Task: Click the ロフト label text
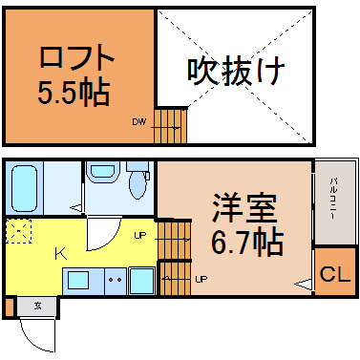(76, 57)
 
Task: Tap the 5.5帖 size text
(74, 93)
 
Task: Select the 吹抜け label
(236, 71)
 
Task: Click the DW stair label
(139, 121)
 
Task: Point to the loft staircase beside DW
(171, 125)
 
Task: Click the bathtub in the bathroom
(24, 188)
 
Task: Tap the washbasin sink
(102, 172)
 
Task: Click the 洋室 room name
(245, 208)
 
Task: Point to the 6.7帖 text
(247, 243)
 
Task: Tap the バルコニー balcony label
(333, 198)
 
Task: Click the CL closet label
(335, 274)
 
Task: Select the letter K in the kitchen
(61, 254)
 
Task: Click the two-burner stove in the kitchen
(116, 282)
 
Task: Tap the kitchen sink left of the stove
(78, 280)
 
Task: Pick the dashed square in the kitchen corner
(19, 231)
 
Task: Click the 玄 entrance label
(38, 307)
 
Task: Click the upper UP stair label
(140, 236)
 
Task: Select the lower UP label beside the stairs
(201, 280)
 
